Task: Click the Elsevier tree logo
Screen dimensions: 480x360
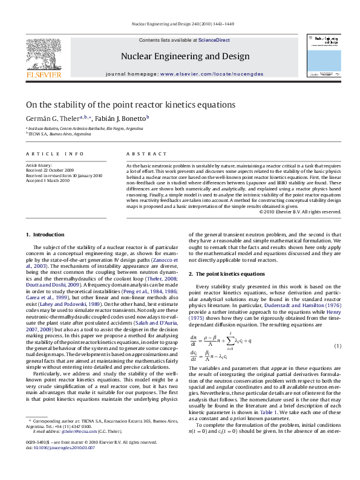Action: tap(39, 53)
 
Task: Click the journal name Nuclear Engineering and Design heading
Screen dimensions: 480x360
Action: tap(185, 56)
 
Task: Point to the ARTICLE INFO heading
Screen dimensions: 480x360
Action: tap(54, 155)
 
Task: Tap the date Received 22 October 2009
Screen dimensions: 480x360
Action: tap(48, 170)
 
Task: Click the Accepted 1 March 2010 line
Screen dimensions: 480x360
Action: tap(47, 180)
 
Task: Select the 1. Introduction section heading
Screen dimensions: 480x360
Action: tap(45, 234)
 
